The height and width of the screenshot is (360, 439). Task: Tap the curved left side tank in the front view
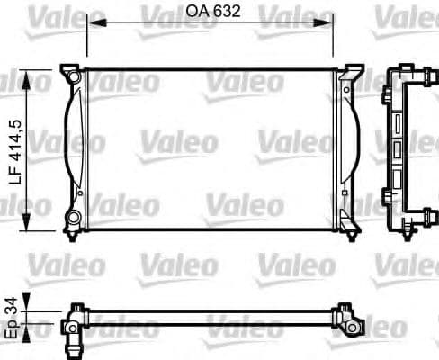point(74,148)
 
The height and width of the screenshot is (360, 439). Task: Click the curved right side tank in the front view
point(349,148)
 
